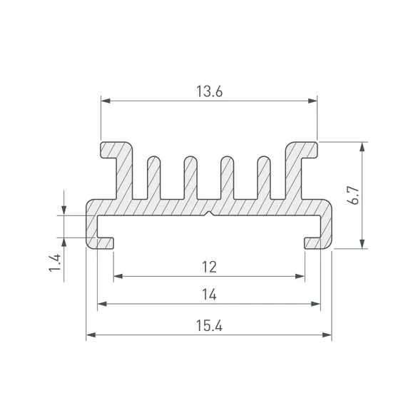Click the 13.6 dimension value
[209, 91]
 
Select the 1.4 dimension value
[55, 263]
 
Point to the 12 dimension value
[209, 267]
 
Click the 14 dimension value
[209, 295]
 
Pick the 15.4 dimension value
[209, 325]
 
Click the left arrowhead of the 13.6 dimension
[106, 101]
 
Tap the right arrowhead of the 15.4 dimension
[327, 335]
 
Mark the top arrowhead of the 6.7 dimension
[362, 147]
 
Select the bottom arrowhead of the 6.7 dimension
[362, 244]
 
